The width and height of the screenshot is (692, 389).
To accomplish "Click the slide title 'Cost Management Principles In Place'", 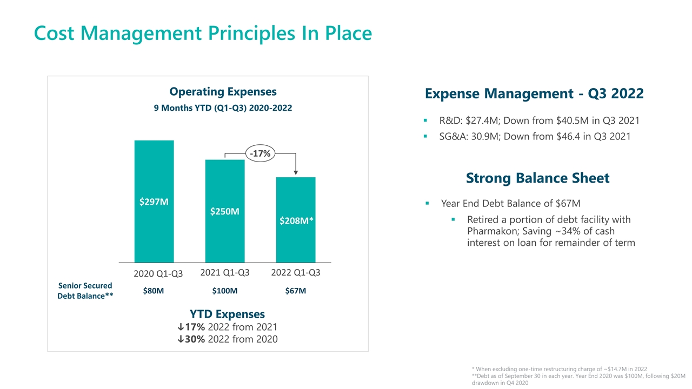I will coord(203,33).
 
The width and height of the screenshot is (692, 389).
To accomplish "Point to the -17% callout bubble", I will coord(260,153).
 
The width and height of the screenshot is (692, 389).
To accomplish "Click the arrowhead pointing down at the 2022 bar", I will coord(296,172).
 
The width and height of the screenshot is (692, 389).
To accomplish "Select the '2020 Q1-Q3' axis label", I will coord(158,274).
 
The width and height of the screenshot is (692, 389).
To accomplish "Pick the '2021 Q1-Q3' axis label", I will coord(225,273).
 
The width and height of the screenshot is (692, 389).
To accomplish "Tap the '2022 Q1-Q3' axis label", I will coord(296,273).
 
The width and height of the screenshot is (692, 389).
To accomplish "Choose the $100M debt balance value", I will coord(225,291).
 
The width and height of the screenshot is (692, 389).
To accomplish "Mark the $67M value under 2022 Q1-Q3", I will coord(296,291).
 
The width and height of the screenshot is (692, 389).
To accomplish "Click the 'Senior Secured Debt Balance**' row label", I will coord(85,291).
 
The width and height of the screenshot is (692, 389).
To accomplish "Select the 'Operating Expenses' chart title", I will coord(223,91).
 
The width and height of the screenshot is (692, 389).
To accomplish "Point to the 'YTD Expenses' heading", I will coord(227,314).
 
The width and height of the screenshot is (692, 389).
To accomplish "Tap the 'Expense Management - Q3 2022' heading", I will coord(534,93).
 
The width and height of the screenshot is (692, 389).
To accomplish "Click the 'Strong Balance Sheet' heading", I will coord(537,178).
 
